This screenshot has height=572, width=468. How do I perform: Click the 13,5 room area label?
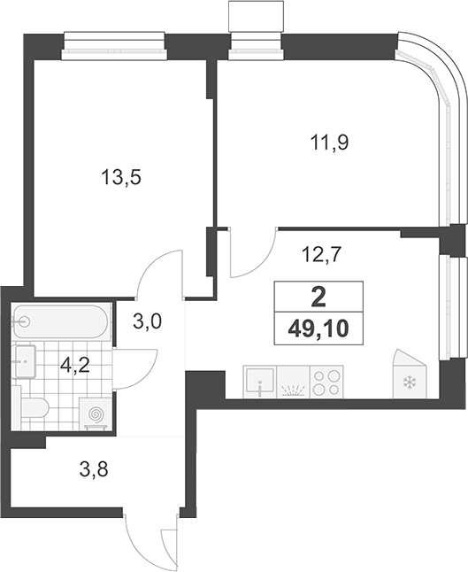tap(121, 178)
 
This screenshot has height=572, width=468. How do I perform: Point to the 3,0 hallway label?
tap(147, 321)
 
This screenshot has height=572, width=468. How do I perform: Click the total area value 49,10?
tap(318, 329)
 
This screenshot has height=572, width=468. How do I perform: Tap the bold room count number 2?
tap(318, 298)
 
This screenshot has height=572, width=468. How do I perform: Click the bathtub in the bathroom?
tap(60, 321)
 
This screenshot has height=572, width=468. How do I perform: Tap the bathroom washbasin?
tap(25, 361)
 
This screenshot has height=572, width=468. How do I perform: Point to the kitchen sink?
tap(259, 382)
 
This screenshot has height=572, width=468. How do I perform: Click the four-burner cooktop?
tap(326, 382)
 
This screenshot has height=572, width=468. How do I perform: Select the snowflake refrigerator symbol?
tap(410, 383)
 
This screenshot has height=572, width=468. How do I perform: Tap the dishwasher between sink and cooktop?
tap(293, 382)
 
